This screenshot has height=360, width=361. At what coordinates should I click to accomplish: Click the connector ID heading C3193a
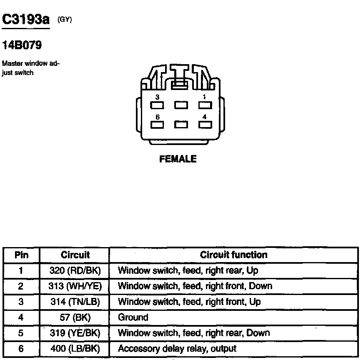pyautogui.click(x=26, y=20)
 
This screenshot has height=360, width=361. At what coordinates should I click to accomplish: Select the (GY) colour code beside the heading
pyautogui.click(x=65, y=19)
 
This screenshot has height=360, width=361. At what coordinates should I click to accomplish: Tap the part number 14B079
pyautogui.click(x=22, y=45)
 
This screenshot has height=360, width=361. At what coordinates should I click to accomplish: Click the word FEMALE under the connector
pyautogui.click(x=178, y=159)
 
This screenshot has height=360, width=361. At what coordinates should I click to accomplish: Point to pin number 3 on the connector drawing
pyautogui.click(x=158, y=97)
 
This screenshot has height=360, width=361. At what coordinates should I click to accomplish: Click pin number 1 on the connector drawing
pyautogui.click(x=204, y=97)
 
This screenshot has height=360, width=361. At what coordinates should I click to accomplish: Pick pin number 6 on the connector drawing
pyautogui.click(x=158, y=117)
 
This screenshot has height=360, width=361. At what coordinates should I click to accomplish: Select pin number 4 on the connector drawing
pyautogui.click(x=204, y=117)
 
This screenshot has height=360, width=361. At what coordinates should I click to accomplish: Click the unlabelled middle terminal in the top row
pyautogui.click(x=181, y=105)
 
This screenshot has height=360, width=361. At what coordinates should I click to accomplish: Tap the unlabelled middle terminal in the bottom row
pyautogui.click(x=181, y=124)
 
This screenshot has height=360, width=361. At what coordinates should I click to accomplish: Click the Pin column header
pyautogui.click(x=21, y=255)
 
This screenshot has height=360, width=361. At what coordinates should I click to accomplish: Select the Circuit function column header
pyautogui.click(x=233, y=255)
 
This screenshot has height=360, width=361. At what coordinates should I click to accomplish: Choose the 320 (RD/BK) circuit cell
pyautogui.click(x=75, y=270)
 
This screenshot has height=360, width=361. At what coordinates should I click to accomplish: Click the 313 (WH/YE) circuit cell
pyautogui.click(x=75, y=286)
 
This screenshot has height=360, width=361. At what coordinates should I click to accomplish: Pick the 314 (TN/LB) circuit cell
pyautogui.click(x=75, y=302)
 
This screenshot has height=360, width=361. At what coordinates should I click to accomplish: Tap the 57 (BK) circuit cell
pyautogui.click(x=75, y=317)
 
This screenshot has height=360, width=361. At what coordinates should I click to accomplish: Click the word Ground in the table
pyautogui.click(x=133, y=317)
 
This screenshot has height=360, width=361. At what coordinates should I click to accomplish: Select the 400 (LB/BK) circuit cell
pyautogui.click(x=75, y=349)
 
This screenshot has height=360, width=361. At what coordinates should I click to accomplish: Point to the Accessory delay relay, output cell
pyautogui.click(x=177, y=349)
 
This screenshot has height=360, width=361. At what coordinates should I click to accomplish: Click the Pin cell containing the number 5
pyautogui.click(x=21, y=333)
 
